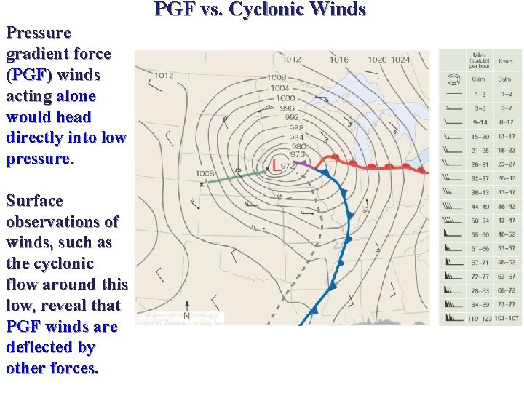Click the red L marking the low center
[x=275, y=164]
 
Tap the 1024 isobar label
[x=400, y=60]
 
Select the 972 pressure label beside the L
[x=288, y=166]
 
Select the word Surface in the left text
[x=34, y=201]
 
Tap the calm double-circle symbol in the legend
[x=454, y=79]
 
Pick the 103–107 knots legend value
[x=506, y=318]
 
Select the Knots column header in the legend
[x=505, y=61]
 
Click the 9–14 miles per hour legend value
[x=479, y=122]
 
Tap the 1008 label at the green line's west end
[x=205, y=173]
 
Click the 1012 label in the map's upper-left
[x=163, y=75]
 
